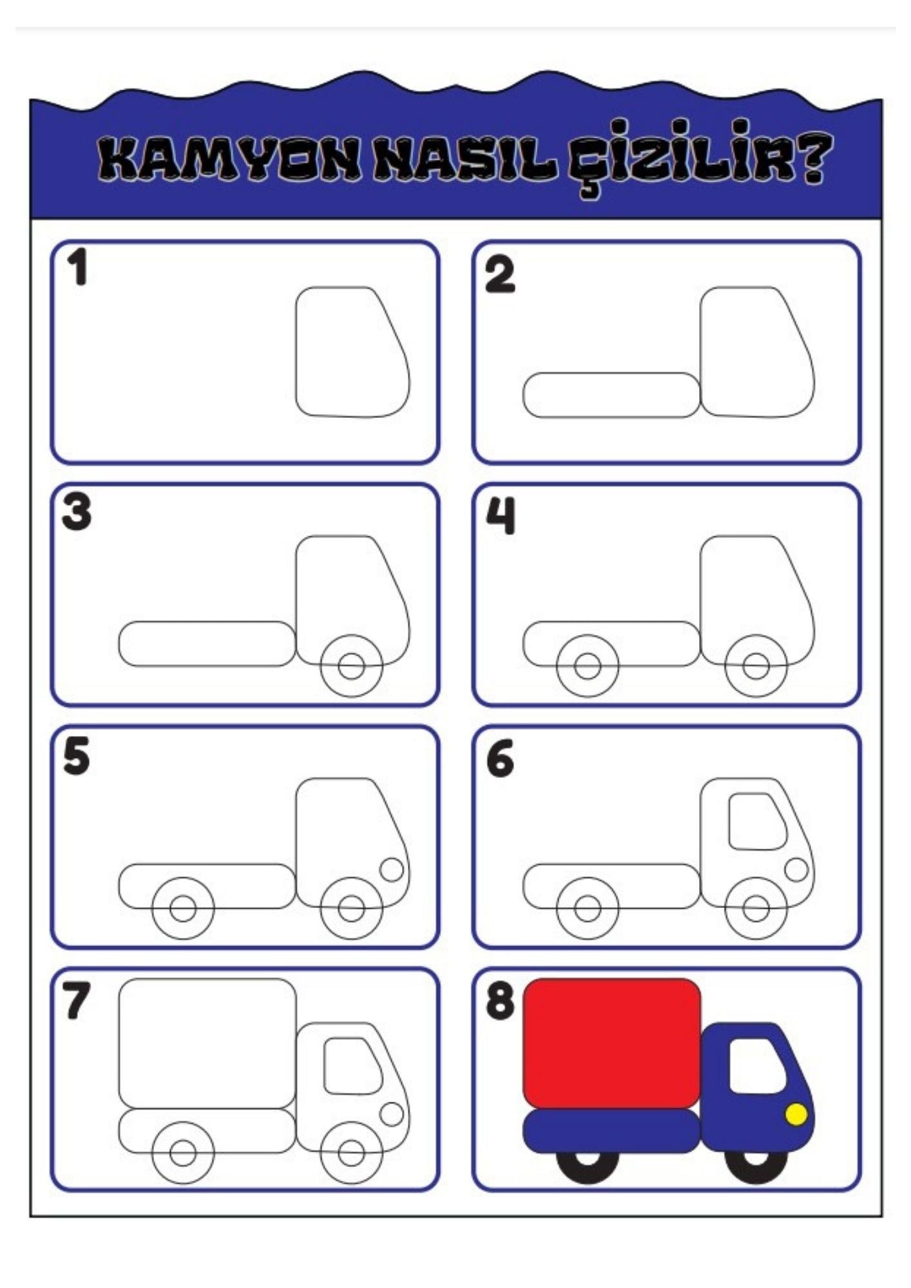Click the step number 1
tap(78, 267)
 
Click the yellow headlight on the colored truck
tap(796, 1113)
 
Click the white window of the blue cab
tap(756, 1065)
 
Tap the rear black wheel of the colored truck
tap(587, 1166)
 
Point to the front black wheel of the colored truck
tap(756, 1166)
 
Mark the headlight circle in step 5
tap(392, 869)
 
